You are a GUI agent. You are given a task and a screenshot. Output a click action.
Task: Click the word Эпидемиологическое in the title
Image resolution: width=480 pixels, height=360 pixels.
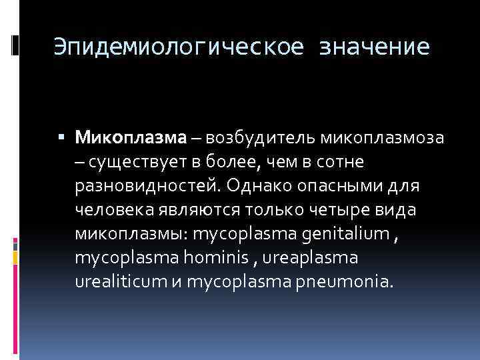point(178,47)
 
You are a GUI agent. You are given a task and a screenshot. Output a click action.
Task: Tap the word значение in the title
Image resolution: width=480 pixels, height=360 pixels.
point(375,47)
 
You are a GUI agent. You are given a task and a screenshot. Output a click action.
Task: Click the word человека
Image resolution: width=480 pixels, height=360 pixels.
point(115,210)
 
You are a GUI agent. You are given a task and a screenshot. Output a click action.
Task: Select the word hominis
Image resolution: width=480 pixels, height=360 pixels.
point(221,258)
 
